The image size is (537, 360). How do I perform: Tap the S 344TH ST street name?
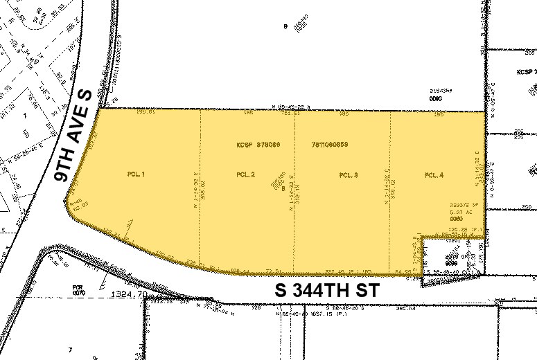pos(327,291)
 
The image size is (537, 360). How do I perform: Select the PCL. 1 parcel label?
pos(136,174)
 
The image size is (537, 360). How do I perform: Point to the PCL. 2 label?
pos(246,174)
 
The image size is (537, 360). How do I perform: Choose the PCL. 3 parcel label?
pos(349,175)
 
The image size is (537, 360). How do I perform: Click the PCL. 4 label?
pos(434,174)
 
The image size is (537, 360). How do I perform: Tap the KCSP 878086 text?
pos(253,146)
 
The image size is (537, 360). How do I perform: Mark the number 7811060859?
pos(330,146)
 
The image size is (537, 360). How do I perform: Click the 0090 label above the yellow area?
pos(435,99)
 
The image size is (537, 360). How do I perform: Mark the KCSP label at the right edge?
pos(526,71)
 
